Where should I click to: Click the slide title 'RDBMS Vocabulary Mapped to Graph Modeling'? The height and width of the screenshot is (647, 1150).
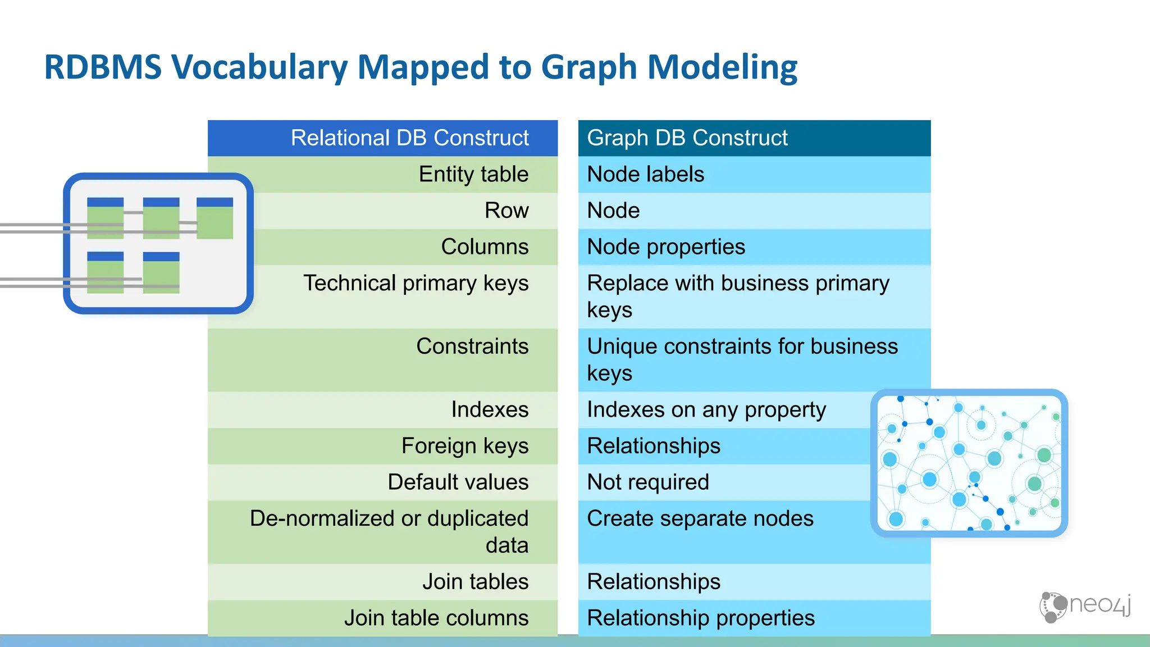point(421,67)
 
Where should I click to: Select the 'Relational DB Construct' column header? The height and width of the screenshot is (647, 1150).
point(409,138)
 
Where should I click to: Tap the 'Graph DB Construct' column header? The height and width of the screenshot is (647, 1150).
point(687,138)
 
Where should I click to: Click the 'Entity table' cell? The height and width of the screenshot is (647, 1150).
point(473,175)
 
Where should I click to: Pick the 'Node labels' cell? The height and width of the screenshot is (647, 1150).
point(645,175)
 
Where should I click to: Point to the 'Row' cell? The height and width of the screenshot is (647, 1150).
point(506,211)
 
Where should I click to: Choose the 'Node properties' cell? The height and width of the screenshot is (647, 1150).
point(666,247)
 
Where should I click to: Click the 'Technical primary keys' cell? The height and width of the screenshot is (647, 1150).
point(416,284)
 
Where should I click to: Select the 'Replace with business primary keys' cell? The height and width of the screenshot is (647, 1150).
point(738,296)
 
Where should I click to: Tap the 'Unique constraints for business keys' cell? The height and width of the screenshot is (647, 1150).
point(742,359)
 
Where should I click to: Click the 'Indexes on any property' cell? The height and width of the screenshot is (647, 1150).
point(706,410)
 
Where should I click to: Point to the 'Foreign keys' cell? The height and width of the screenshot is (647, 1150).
point(464,446)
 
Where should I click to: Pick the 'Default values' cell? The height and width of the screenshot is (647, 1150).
point(458,482)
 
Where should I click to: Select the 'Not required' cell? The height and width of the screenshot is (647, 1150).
point(648,482)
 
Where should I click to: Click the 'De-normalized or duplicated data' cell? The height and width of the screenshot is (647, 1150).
point(389,531)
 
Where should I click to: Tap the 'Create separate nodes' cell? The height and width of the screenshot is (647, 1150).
point(700,519)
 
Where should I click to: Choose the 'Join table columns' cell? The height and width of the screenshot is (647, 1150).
point(436,618)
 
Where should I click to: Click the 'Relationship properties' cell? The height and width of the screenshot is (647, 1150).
point(700,618)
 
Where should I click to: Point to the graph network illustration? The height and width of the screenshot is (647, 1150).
point(969,463)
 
